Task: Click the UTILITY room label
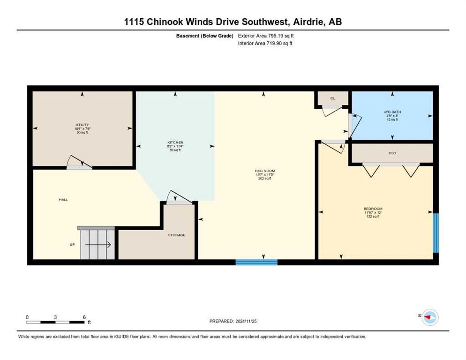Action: [x=83, y=125]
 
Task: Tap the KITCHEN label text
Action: [x=175, y=142]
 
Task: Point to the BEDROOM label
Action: [x=373, y=209]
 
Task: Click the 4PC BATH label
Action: [x=392, y=112]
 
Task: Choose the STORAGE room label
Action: [x=177, y=235]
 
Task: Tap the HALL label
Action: [x=63, y=200]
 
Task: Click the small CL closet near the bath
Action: [x=332, y=98]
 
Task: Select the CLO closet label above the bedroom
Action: [x=392, y=153]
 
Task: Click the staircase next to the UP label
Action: [x=98, y=243]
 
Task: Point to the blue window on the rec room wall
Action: [x=256, y=262]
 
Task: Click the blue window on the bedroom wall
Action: [x=436, y=233]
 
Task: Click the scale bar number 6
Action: [x=84, y=317]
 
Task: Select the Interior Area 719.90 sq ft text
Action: [x=265, y=44]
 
